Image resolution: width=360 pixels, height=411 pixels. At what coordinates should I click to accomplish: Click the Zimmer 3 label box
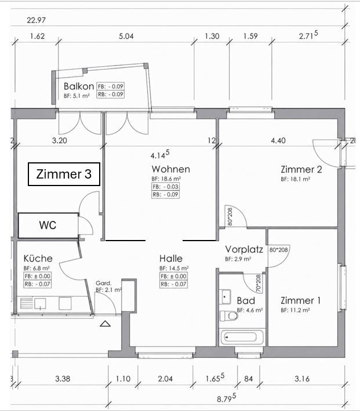[x=64, y=174]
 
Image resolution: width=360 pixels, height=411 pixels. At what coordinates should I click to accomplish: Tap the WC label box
[x=48, y=225]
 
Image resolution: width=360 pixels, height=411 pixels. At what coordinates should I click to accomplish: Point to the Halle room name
[x=171, y=259]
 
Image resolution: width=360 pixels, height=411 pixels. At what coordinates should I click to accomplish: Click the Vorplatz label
[x=244, y=250]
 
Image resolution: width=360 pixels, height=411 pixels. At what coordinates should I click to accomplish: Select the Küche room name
[x=38, y=259]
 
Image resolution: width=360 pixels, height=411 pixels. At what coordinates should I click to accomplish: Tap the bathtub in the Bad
[x=243, y=337]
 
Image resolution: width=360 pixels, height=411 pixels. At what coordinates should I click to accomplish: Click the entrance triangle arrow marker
[x=105, y=325]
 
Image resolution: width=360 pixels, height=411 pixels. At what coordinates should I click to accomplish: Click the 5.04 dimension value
[x=126, y=37]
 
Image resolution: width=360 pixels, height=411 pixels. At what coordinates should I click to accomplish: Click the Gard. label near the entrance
[x=103, y=283]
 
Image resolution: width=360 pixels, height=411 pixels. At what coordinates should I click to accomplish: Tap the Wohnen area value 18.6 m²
[x=172, y=180]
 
